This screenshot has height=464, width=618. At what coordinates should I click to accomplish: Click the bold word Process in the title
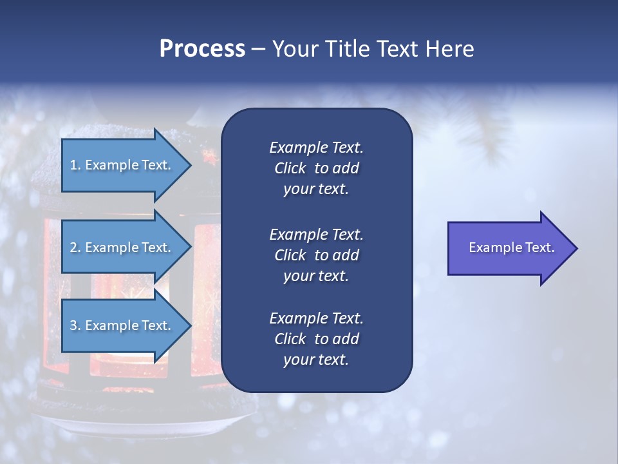[x=202, y=48]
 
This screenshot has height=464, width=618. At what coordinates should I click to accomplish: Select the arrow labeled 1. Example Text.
[x=122, y=165]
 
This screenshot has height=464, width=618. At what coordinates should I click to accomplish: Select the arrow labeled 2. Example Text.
[x=122, y=247]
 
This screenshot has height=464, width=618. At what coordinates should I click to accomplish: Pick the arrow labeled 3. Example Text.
[x=122, y=325]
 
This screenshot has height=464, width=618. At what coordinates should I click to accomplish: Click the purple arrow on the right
[x=509, y=248]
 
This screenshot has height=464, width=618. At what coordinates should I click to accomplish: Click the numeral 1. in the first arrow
[x=75, y=165]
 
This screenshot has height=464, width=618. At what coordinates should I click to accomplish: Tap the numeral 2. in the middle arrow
[x=75, y=247]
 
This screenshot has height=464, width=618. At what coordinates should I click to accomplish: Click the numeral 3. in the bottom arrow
[x=75, y=325]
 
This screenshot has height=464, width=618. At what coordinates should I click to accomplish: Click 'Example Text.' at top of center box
[x=316, y=148]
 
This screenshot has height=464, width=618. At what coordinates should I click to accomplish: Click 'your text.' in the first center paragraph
[x=316, y=189]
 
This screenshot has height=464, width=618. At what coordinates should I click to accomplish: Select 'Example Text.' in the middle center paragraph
[x=316, y=234]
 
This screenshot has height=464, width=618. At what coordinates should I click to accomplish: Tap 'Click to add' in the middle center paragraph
[x=316, y=255]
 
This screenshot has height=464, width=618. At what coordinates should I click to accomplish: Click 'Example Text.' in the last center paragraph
[x=316, y=318]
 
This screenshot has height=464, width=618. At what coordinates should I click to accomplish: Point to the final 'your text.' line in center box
[x=316, y=360]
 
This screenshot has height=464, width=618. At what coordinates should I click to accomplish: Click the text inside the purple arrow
[x=512, y=247]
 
